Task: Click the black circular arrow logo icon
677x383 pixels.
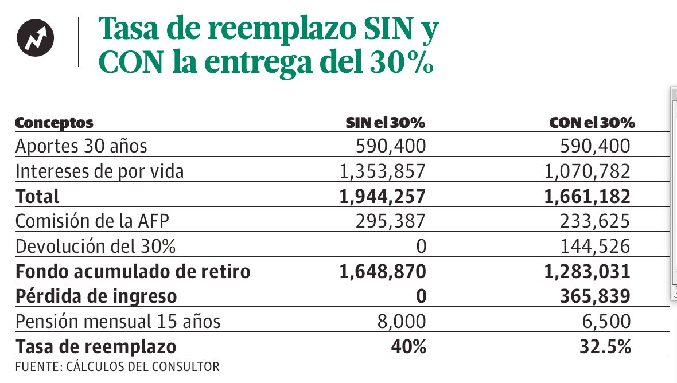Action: tap(35, 38)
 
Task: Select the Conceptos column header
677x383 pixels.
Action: tap(54, 123)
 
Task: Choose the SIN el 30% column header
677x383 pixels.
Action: tap(385, 123)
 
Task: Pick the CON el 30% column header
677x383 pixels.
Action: tap(592, 123)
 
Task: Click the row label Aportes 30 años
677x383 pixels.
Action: tap(81, 146)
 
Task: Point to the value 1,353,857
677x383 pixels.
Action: tap(383, 171)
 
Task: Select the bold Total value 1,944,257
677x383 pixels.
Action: tap(383, 197)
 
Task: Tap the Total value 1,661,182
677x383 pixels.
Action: tap(587, 197)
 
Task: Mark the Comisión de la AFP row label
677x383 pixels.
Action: tap(94, 221)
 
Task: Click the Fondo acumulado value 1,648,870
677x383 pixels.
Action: tap(383, 271)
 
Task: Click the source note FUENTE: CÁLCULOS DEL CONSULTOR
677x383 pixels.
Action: tap(117, 366)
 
